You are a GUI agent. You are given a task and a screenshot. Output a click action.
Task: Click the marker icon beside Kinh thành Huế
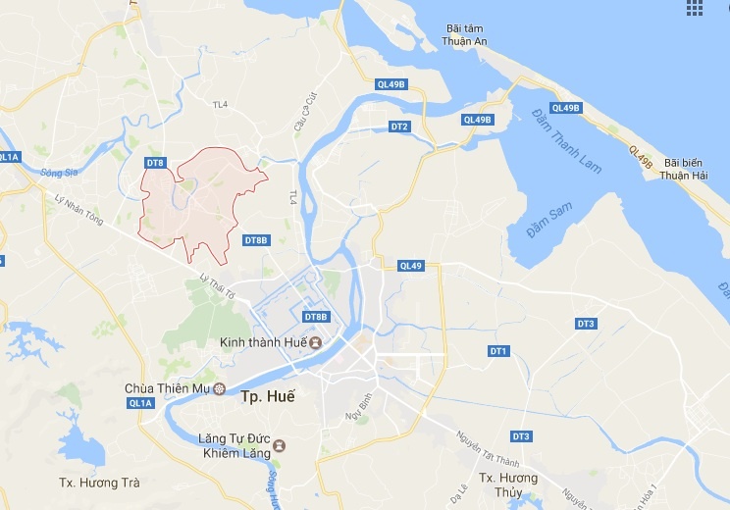point(316,342)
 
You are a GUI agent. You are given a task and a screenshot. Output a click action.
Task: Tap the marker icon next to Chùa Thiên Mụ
point(219,388)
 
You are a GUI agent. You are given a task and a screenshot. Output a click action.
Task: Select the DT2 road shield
point(399,127)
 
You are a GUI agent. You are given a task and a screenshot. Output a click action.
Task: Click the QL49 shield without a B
point(411,266)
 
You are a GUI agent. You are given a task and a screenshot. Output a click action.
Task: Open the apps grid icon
point(695,9)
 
